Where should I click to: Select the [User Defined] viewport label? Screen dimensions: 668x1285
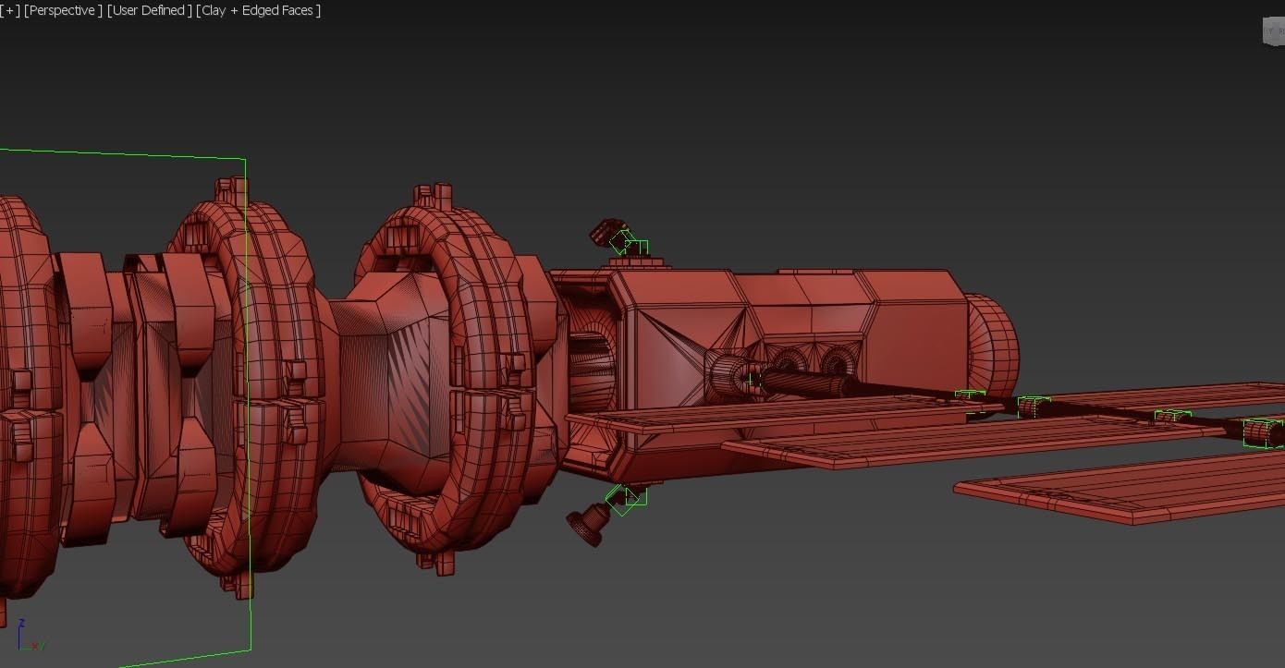(150, 10)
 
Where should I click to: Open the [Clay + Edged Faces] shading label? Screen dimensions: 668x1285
(259, 10)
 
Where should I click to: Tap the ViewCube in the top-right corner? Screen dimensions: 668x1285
(1273, 30)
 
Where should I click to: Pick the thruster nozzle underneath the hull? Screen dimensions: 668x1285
(587, 526)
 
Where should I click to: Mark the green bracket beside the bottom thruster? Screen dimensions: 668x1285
(626, 498)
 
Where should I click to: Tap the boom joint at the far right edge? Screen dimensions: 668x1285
(1263, 432)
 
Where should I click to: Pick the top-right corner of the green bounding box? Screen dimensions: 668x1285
(246, 159)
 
